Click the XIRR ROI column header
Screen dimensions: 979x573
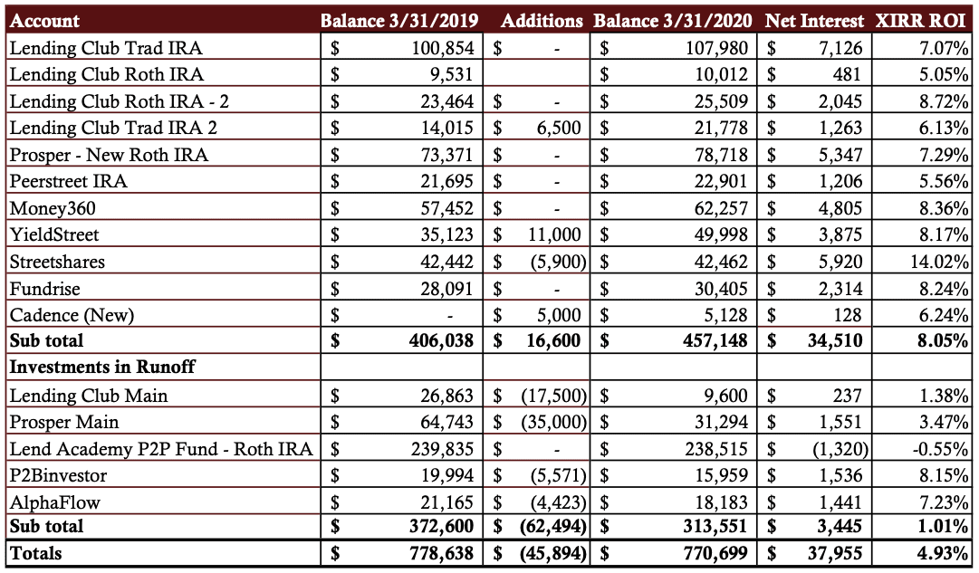coord(920,21)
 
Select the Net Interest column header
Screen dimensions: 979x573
coord(814,21)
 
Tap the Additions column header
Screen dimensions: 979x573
coord(542,21)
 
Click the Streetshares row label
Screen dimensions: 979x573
coord(57,262)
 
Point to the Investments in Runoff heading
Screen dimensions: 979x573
coord(102,367)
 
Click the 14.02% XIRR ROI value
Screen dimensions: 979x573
coord(940,262)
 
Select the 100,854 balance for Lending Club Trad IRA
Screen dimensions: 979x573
coord(443,48)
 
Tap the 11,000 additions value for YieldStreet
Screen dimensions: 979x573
coord(554,234)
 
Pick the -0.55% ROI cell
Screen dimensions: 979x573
coord(940,449)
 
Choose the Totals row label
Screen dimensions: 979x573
coord(35,554)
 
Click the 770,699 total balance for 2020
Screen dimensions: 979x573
coord(715,554)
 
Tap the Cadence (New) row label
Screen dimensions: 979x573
coord(72,315)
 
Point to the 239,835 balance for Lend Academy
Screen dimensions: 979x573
coord(442,449)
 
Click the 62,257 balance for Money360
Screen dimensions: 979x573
coord(721,208)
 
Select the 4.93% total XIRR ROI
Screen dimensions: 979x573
coord(944,554)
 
